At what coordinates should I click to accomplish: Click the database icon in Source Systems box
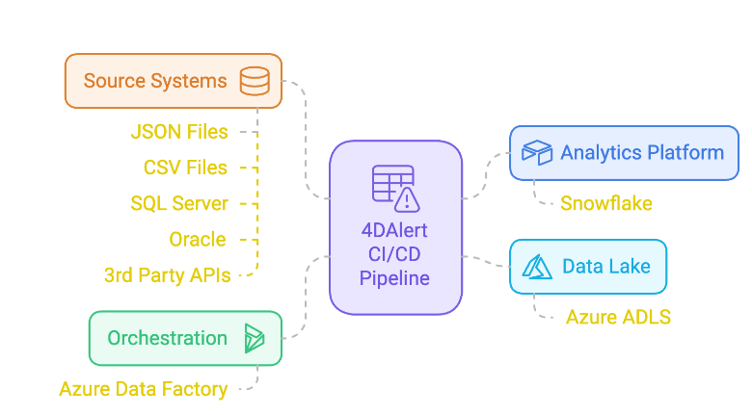pos(255,80)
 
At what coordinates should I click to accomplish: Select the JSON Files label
pos(179,132)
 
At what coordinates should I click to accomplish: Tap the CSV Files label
pos(185,168)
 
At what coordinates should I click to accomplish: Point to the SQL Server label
pos(179,203)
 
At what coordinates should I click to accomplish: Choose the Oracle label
pos(197,239)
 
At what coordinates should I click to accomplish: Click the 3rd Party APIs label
pos(167,275)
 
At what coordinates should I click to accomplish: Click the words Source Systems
pos(155,80)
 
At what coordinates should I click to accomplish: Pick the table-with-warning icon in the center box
pos(395,188)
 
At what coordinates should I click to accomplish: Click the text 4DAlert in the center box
pos(395,232)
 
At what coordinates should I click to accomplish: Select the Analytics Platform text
pos(642,152)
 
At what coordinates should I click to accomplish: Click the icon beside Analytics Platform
pos(536,152)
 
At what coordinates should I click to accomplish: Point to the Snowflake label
pos(605,203)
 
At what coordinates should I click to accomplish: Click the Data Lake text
pos(607,267)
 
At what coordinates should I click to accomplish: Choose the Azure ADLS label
pos(618,317)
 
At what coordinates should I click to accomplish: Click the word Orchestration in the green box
pos(167,338)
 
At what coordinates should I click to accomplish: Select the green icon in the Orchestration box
pos(255,338)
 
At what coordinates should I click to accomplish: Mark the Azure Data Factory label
pos(143,389)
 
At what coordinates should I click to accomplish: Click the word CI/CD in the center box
pos(395,255)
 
